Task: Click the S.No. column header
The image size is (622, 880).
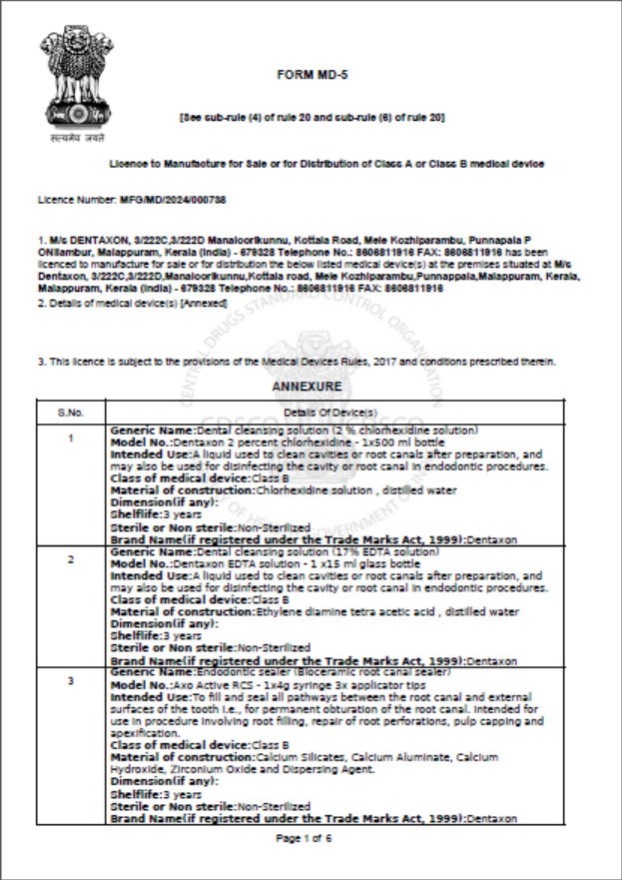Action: point(70,412)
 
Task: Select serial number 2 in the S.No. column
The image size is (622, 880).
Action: point(70,559)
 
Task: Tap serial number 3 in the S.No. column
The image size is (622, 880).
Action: point(70,681)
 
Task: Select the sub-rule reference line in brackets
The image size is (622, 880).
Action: point(311,118)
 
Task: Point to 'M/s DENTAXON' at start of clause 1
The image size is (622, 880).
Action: point(76,243)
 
